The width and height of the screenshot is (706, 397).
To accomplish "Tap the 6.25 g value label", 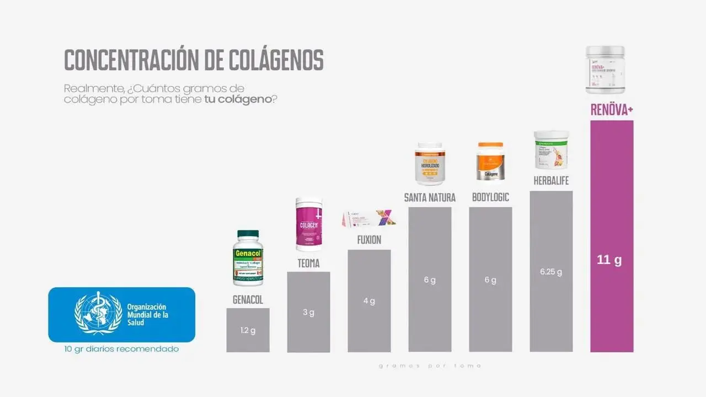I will coord(551,272).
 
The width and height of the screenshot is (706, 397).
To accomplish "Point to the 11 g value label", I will coord(609,260).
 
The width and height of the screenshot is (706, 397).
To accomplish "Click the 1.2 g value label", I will coord(248,331).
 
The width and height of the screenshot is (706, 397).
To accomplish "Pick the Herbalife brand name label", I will coord(551,180).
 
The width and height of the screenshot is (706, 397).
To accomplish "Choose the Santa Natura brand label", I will coord(430,197).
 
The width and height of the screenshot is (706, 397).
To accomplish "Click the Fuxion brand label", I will coord(369,240).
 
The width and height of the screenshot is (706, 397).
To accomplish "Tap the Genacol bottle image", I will coord(248,257).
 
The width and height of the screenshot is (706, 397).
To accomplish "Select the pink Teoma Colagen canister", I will coord(308,224).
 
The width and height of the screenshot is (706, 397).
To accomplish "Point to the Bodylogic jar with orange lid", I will coord(490,161).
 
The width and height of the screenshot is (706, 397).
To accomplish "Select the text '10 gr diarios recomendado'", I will coord(121,350).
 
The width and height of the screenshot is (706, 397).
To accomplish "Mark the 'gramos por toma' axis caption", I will coord(430,366).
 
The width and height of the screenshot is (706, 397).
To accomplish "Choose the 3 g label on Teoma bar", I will coord(308,313).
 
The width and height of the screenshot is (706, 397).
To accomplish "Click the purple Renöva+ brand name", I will coord(612,110).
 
